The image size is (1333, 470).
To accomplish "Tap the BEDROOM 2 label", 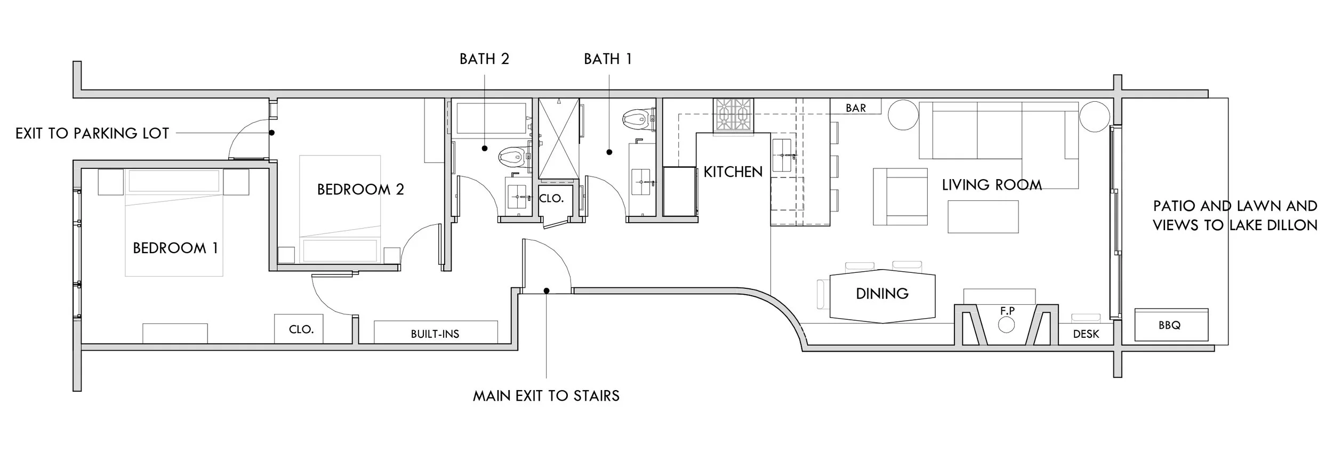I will click(360, 189).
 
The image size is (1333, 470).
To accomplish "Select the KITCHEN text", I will click(733, 172).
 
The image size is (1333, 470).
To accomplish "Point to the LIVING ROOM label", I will click(991, 185).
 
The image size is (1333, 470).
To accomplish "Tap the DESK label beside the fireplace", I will click(1086, 334).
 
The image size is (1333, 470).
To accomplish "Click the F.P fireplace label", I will click(1007, 311).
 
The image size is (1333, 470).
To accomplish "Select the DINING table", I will click(882, 296).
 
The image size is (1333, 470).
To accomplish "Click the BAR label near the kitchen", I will click(855, 108).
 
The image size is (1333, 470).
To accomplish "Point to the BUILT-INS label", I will click(435, 334).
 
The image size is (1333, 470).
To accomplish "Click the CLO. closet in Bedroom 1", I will click(301, 329).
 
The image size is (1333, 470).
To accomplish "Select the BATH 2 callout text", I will click(484, 59).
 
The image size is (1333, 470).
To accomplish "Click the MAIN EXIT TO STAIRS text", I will click(546, 396).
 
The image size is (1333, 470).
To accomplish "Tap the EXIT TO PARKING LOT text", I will click(92, 133).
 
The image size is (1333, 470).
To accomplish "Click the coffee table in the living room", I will click(983, 216).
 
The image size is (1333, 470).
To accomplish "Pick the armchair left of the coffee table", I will click(900, 197).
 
